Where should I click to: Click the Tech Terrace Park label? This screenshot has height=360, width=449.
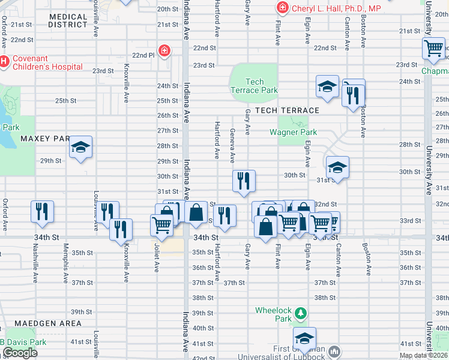click(x=255, y=86)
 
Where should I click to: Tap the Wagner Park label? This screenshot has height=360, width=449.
click(x=293, y=132)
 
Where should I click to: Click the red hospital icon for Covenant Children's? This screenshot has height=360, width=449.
click(x=4, y=61)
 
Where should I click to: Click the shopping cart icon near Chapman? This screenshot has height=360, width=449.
click(x=433, y=49)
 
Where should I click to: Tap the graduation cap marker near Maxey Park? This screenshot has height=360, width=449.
click(x=80, y=148)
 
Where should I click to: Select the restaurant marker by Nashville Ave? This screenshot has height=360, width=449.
click(x=42, y=212)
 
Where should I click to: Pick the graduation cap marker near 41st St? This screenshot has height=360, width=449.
click(x=304, y=338)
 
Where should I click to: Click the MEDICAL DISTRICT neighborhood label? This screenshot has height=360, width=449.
click(x=68, y=20)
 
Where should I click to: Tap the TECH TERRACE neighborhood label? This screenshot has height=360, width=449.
click(x=286, y=110)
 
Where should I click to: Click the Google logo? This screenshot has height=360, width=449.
click(x=20, y=353)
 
